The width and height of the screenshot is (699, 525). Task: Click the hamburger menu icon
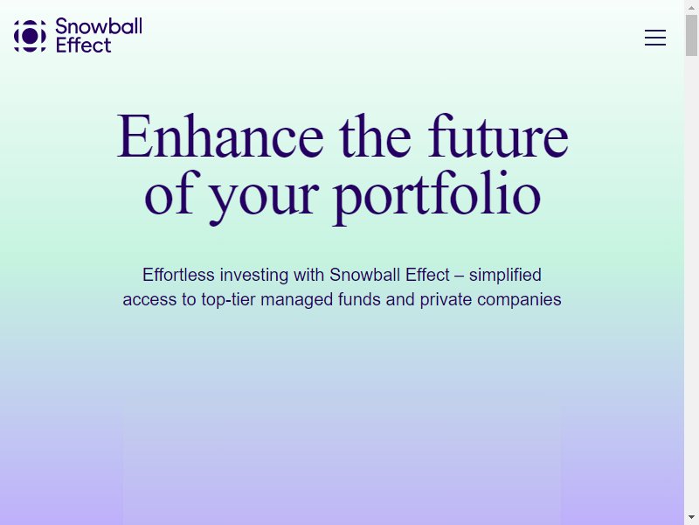click(x=654, y=38)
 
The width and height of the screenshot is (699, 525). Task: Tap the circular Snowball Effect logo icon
click(x=30, y=36)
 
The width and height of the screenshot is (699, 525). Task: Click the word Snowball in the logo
click(x=99, y=26)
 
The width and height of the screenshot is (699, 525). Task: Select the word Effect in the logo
click(x=83, y=45)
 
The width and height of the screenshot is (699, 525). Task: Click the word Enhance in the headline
click(x=220, y=136)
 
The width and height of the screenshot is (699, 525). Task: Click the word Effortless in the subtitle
click(x=178, y=275)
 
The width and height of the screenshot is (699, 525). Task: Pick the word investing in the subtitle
click(x=254, y=275)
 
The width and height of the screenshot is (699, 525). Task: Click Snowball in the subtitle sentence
click(x=364, y=275)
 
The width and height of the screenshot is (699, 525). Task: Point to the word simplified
click(x=505, y=275)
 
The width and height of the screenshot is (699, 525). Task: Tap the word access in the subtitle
click(x=149, y=299)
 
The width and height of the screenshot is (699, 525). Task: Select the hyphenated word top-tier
click(x=228, y=299)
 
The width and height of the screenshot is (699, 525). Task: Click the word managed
click(x=296, y=300)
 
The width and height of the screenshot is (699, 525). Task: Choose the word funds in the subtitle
click(x=359, y=299)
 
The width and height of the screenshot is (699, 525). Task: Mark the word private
click(x=446, y=299)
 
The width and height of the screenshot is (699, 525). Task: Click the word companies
click(x=519, y=299)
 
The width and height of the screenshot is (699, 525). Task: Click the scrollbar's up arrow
click(x=691, y=7)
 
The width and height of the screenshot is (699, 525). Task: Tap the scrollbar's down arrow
click(x=691, y=518)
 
